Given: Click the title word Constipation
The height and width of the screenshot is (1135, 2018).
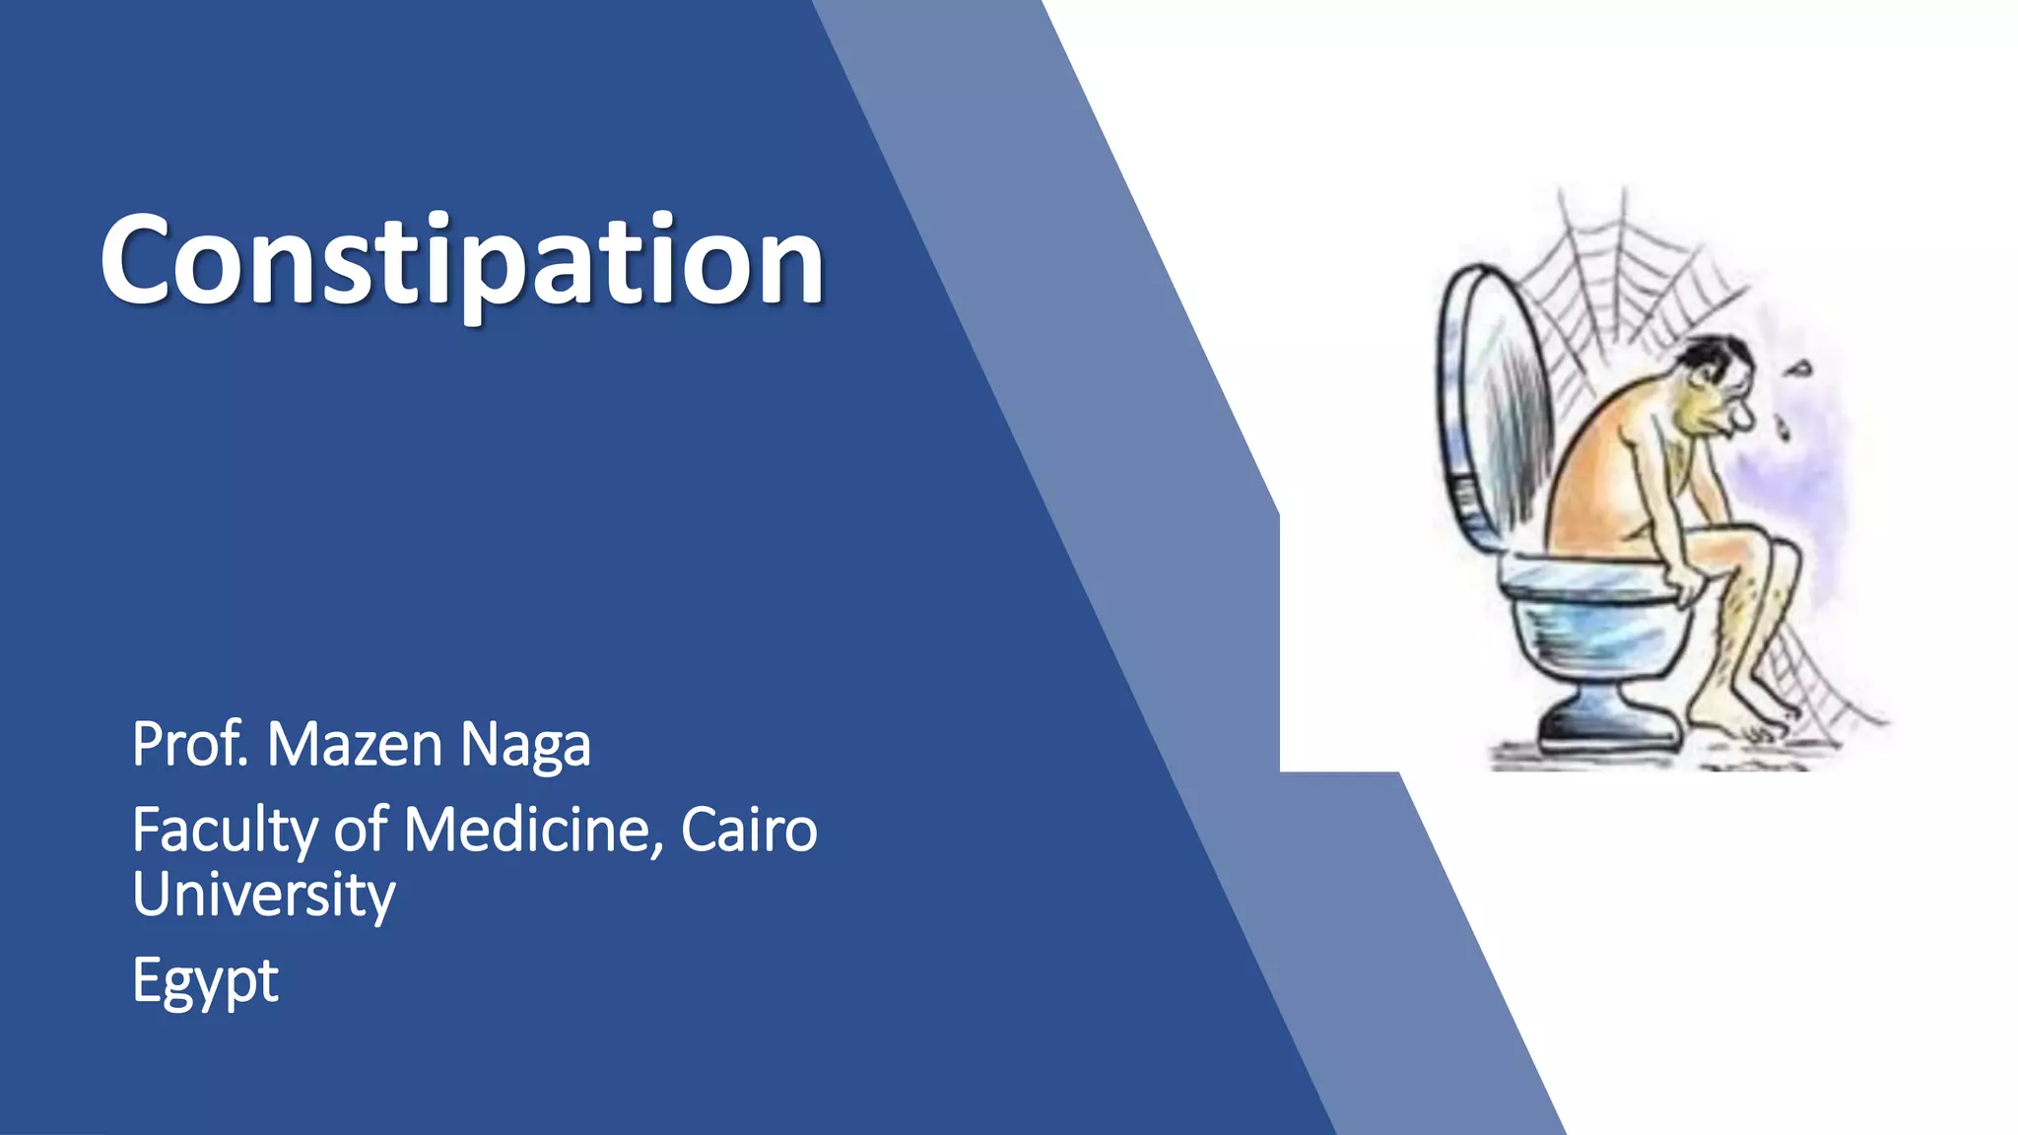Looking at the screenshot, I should click(461, 261).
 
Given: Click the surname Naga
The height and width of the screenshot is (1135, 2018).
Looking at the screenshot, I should click(525, 746).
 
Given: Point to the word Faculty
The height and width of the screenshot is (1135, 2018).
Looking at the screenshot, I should click(224, 831).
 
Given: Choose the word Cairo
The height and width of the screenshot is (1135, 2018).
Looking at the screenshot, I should click(749, 831).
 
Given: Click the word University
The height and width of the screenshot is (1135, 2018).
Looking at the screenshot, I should click(264, 895).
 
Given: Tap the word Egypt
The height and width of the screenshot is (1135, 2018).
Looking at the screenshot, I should click(205, 981).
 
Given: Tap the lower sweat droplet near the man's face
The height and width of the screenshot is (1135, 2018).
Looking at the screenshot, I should click(1783, 427).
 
